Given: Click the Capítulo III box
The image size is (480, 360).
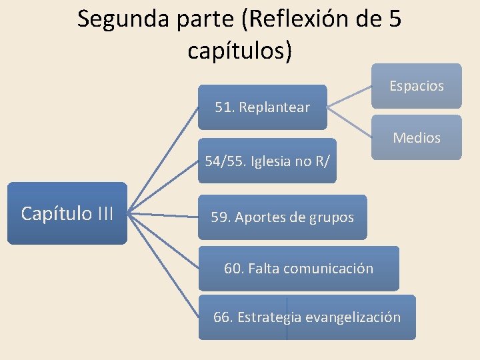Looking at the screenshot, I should click(67, 213).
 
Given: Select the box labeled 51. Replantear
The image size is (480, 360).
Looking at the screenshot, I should click(263, 107).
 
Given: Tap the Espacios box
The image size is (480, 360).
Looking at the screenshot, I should click(416, 86).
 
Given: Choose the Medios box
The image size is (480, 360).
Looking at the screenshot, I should click(416, 138).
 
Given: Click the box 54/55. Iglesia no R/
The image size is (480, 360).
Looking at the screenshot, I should click(267, 161).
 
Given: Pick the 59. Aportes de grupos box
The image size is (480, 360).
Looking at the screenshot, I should click(282, 217).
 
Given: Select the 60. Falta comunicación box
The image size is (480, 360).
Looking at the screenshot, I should click(299, 269).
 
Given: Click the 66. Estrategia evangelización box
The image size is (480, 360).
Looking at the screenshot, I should click(307, 317).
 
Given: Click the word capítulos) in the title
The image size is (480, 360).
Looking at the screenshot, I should click(239, 50).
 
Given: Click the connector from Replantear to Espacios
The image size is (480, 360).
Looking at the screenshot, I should click(349, 95).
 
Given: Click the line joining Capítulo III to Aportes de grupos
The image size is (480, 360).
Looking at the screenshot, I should click(163, 215).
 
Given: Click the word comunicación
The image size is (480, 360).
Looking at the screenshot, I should click(328, 269).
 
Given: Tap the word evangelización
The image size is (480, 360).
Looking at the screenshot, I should click(353, 317).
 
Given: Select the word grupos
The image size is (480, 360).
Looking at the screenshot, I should click(331, 217).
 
